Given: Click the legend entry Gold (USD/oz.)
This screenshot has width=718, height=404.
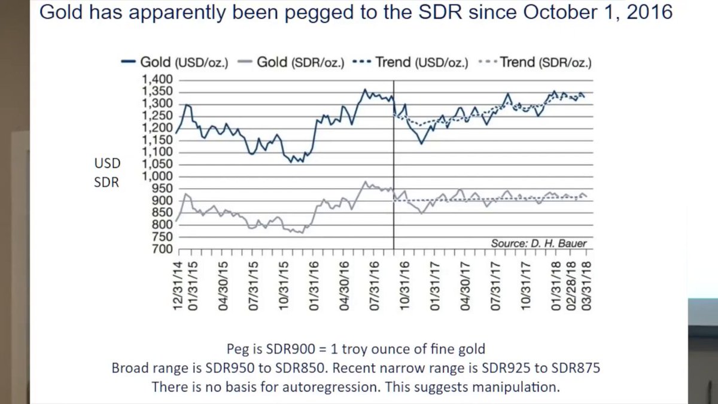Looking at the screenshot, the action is pos(175,62).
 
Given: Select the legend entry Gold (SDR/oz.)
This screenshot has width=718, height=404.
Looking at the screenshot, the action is pos(291,62).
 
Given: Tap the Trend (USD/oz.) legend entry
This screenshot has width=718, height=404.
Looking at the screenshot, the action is pos(410,62).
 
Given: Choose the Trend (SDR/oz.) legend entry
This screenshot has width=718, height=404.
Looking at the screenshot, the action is pos(535,62).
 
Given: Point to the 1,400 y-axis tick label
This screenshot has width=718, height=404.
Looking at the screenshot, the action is pos(157,80).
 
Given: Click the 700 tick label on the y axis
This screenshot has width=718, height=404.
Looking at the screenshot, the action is pos(162,249).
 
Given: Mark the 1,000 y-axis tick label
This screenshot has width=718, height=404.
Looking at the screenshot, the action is pos(157,177).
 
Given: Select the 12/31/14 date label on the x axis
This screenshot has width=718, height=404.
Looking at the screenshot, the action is pos(177,285).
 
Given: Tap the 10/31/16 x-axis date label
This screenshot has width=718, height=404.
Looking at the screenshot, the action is pos(404,285).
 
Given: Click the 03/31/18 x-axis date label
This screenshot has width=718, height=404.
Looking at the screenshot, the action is pos(586,285).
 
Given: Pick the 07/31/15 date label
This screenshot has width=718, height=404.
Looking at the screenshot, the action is pos(253,285).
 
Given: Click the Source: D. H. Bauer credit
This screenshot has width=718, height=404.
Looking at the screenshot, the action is pos(539,244).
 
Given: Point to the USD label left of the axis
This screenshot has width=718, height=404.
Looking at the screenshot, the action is pos(107,163).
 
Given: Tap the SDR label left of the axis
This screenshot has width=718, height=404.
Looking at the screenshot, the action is pos(107,183).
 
